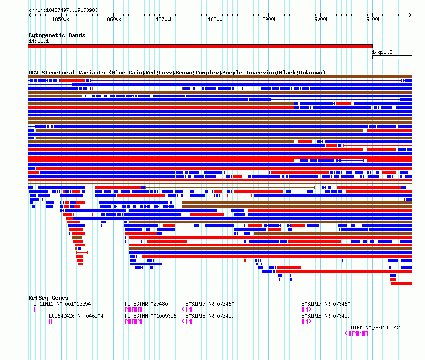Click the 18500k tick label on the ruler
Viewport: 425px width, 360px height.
[60, 19]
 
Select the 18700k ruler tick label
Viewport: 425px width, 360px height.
[164, 19]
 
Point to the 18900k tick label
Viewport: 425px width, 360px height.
[268, 19]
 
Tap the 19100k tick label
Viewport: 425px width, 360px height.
[372, 19]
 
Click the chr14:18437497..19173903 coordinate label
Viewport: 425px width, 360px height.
[63, 10]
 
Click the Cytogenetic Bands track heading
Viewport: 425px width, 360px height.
[56, 35]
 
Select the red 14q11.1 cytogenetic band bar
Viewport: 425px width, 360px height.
[200, 46]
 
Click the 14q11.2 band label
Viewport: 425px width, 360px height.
[382, 52]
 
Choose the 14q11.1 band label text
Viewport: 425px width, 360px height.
[38, 41]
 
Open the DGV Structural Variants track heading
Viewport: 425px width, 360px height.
[177, 73]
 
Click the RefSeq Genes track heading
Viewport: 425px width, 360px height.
[48, 298]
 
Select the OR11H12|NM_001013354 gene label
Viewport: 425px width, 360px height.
[62, 304]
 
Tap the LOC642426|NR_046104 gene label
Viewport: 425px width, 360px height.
[76, 316]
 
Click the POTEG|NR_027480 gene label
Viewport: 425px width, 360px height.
[146, 304]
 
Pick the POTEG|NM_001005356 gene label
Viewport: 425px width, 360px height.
[150, 316]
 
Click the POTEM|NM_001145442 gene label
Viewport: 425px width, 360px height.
[374, 328]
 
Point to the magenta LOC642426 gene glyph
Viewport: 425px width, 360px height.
[49, 321]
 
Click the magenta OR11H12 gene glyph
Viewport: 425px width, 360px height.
[36, 309]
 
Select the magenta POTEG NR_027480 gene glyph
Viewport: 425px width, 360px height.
[135, 309]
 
